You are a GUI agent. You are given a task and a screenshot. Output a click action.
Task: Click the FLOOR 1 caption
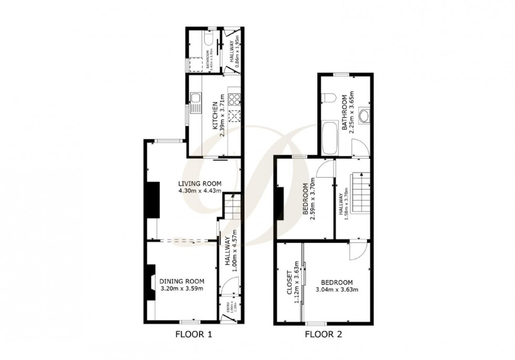click(x=193, y=334)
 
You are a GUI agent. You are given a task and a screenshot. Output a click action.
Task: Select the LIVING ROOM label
click(x=199, y=183)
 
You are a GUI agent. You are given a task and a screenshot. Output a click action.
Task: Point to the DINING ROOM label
click(x=181, y=281)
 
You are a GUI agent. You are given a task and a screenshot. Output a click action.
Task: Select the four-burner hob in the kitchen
click(x=234, y=98)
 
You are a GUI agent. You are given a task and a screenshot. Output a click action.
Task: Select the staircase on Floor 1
click(x=232, y=206)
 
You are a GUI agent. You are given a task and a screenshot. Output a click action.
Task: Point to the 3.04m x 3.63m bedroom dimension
click(x=336, y=290)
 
